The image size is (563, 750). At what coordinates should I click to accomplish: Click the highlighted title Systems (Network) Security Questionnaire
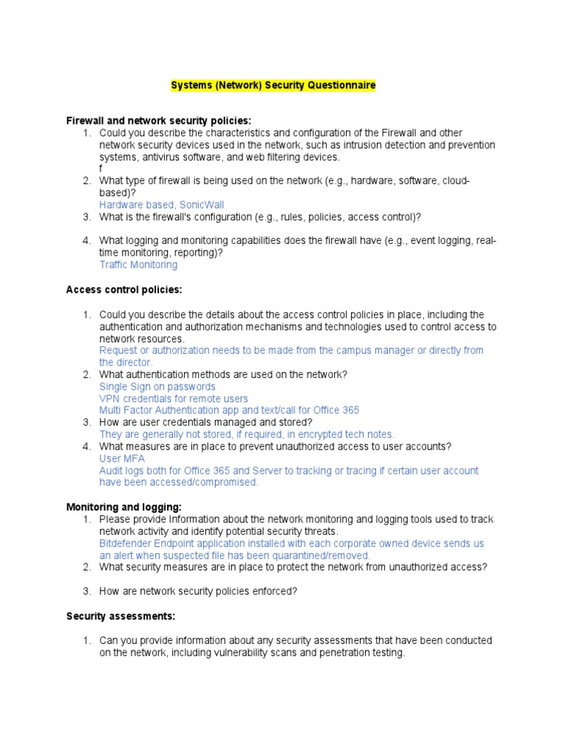[x=273, y=86]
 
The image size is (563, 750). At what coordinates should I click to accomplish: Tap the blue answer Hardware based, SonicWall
[x=161, y=204]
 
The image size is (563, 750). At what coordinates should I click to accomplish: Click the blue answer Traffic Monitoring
[x=138, y=264]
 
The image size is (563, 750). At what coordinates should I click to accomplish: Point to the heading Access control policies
[x=124, y=289]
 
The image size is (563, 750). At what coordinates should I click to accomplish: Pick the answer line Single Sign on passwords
[x=157, y=386]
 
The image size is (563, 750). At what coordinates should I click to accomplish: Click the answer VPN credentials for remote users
[x=173, y=398]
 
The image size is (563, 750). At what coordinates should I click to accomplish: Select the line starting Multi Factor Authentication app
[x=229, y=410]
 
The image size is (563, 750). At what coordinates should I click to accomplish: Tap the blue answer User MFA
[x=122, y=458]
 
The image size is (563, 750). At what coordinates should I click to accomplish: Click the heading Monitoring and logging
[x=125, y=507]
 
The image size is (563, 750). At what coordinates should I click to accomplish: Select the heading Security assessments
[x=121, y=616]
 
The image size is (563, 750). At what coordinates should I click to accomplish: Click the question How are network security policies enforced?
[x=198, y=591]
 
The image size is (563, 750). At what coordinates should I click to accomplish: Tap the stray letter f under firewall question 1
[x=101, y=168]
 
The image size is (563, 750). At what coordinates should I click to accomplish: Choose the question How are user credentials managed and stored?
[x=205, y=422]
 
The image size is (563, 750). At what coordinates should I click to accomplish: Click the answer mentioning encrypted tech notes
[x=246, y=434]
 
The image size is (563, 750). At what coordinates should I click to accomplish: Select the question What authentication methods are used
[x=223, y=374]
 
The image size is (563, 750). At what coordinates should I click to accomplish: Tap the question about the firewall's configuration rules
[x=260, y=217]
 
